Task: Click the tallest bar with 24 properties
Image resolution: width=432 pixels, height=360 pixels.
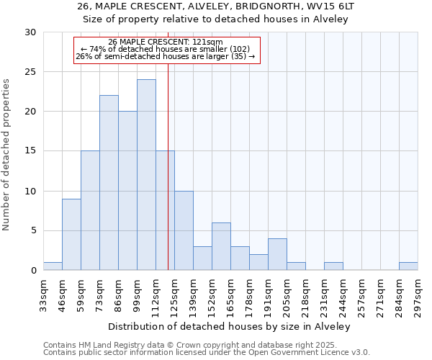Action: (x=146, y=175)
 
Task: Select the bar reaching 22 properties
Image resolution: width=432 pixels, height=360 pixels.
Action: (x=109, y=183)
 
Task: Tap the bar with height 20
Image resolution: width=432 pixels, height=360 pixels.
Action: (x=127, y=191)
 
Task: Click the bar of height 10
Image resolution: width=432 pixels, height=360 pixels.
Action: (x=184, y=230)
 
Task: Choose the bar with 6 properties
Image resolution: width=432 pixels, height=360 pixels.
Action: (x=221, y=246)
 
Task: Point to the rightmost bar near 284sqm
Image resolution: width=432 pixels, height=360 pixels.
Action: (x=408, y=266)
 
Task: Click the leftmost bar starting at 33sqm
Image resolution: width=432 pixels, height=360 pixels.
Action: (x=53, y=266)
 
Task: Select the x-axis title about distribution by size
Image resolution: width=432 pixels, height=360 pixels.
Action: (x=230, y=326)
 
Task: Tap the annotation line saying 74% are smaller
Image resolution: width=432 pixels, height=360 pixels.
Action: (x=166, y=49)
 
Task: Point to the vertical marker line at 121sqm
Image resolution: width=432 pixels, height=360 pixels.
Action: (x=168, y=180)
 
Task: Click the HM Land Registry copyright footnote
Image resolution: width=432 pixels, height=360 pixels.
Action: (x=205, y=345)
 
